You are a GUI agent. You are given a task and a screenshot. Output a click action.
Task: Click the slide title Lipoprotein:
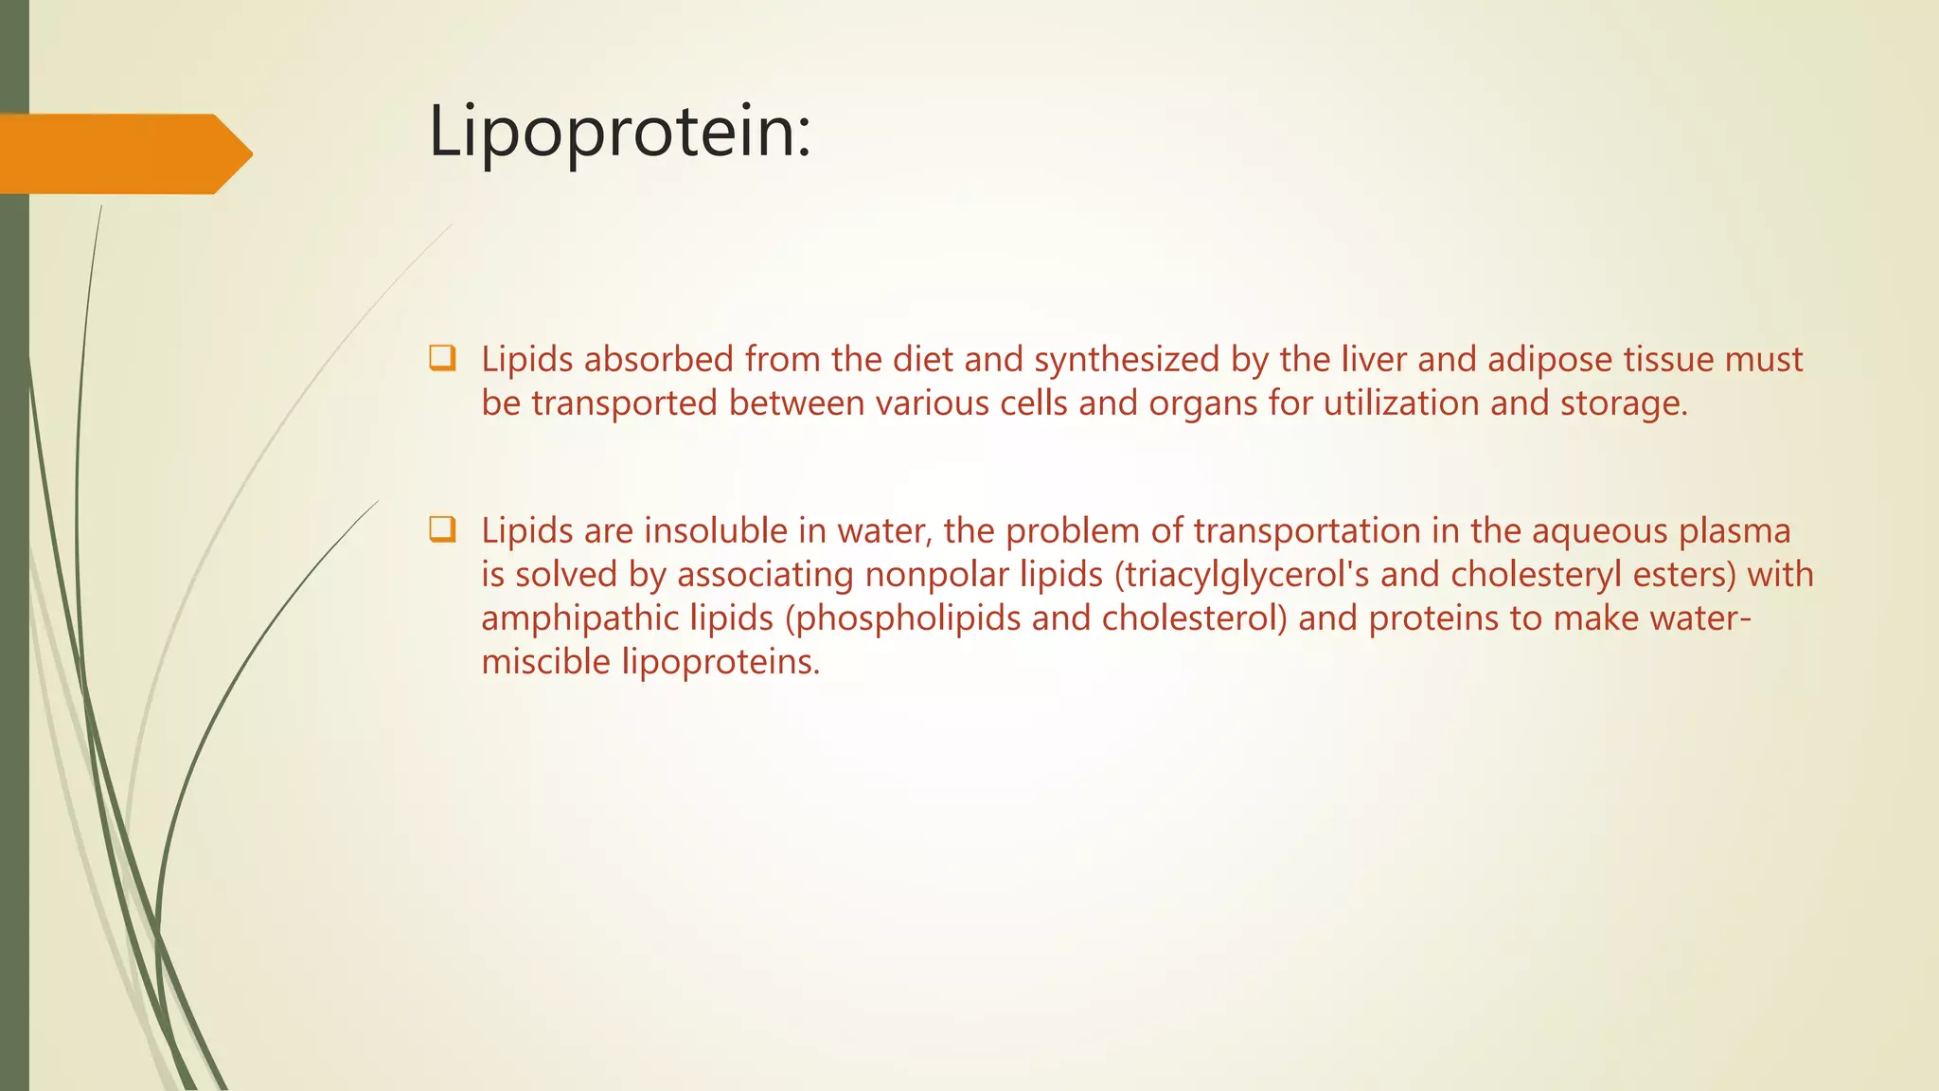[x=620, y=132]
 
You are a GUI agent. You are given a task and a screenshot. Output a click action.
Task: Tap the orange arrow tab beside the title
[x=125, y=154]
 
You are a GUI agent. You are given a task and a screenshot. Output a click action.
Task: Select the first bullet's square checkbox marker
[x=442, y=358]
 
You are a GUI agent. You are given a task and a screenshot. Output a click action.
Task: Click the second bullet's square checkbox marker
[x=442, y=528]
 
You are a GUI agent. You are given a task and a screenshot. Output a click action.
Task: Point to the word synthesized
[x=1127, y=360]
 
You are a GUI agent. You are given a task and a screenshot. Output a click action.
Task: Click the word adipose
[x=1550, y=360]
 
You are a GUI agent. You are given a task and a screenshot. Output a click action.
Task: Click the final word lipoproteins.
[x=720, y=662]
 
